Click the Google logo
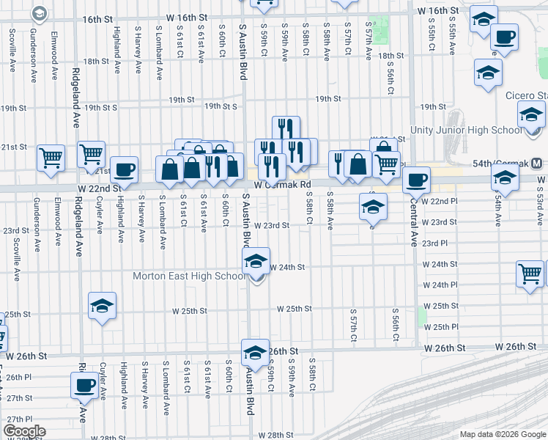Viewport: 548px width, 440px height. tap(23, 431)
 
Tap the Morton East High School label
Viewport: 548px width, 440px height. tap(189, 276)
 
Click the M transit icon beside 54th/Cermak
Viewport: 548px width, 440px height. tap(537, 162)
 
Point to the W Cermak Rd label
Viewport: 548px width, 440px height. tap(284, 185)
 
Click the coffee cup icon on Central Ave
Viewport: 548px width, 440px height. tap(417, 179)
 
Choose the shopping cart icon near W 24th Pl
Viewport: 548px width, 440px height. tap(530, 274)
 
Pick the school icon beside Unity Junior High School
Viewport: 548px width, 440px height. tap(531, 114)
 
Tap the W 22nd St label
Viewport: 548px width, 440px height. tap(96, 188)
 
